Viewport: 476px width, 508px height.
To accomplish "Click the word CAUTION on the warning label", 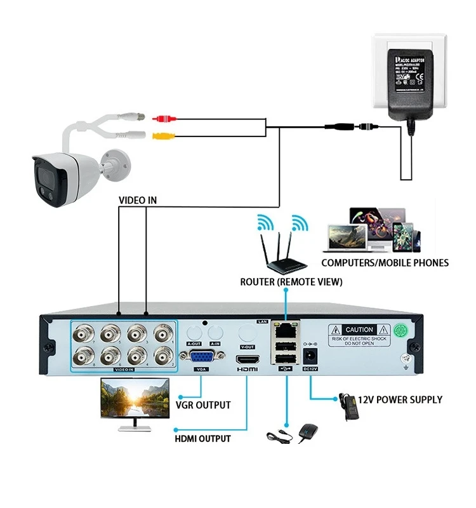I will tap(359, 330).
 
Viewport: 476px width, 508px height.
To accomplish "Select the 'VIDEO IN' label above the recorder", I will tap(138, 200).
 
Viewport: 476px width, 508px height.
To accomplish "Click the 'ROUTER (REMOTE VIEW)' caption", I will tap(291, 281).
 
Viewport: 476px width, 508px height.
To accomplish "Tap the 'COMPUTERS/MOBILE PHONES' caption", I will tap(385, 262).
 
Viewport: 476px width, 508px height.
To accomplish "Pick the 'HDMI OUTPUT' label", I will tap(202, 438).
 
